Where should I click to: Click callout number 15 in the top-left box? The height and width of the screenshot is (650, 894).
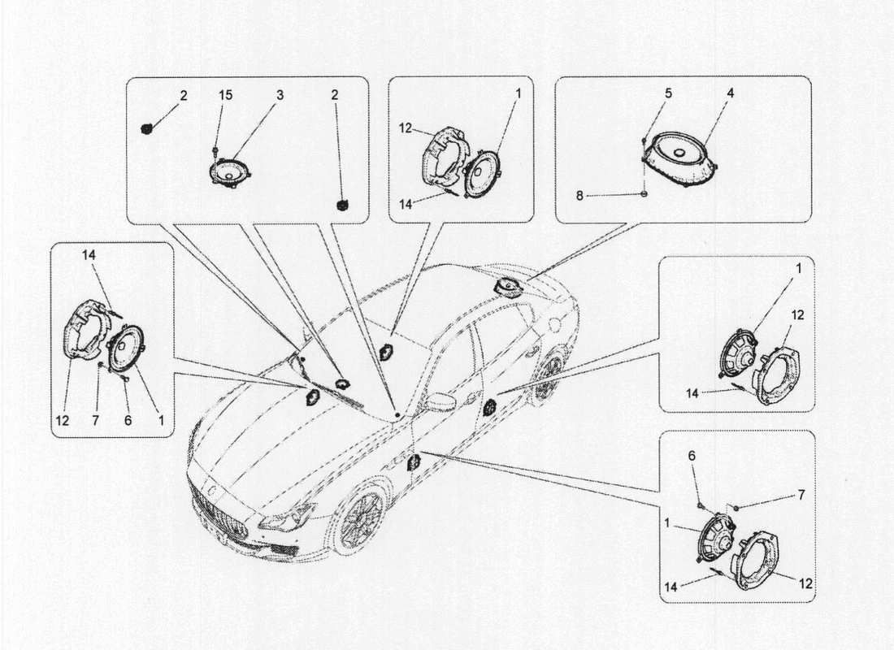[x=225, y=95]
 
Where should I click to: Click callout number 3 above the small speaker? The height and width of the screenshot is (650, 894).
[x=279, y=95]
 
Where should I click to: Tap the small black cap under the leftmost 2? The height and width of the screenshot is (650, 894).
[x=148, y=128]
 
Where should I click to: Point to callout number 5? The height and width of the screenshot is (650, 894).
[x=667, y=93]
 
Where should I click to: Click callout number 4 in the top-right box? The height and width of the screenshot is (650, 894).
[x=730, y=93]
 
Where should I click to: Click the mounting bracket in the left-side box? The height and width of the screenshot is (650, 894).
[x=86, y=329]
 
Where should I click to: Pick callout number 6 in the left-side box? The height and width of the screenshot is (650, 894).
[x=128, y=420]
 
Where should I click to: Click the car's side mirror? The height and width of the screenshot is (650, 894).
[x=441, y=402]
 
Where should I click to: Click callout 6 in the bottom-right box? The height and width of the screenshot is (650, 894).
[x=693, y=457]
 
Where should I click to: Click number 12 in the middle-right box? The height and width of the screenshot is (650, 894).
[x=797, y=314]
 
